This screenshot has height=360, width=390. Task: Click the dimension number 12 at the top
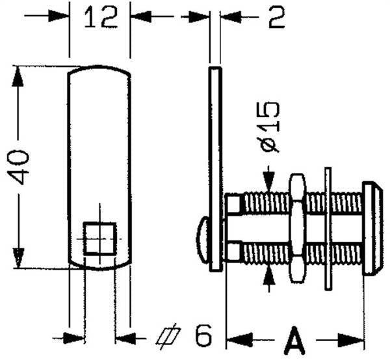pos(100,17)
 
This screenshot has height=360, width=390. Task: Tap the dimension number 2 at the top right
pos(276,18)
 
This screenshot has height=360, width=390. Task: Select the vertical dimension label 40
pos(18,167)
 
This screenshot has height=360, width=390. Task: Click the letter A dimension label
pos(294,340)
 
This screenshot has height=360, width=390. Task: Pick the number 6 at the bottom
pos(203,335)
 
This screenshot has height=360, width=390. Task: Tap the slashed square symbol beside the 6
pos(168,337)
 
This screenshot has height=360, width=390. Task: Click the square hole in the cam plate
pos(99,238)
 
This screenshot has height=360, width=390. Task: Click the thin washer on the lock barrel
pos(328,229)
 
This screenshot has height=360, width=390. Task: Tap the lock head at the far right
pos(372,229)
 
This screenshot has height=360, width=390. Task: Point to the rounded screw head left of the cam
pos(203,240)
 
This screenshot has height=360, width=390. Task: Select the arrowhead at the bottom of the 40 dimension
pos(18,258)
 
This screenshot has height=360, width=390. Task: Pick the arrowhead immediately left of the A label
pos(239,339)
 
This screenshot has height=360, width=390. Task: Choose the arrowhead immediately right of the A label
pos(351,340)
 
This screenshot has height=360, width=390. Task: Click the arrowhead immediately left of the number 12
pos(58,16)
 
